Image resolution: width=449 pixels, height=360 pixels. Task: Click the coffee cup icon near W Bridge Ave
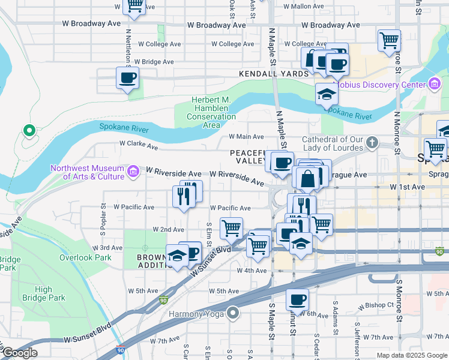coord(127,77)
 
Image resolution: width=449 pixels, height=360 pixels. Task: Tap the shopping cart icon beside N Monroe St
coord(389,40)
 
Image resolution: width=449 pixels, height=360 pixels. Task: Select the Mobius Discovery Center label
coord(379,85)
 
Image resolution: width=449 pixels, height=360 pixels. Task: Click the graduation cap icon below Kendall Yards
coord(326,94)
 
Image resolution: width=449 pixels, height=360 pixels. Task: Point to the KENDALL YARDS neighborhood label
coord(273,74)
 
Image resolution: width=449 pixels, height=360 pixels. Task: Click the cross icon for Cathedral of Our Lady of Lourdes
coord(372,142)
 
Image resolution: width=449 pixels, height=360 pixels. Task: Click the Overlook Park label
coord(85,257)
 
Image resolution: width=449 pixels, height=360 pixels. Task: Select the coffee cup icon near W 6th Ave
coord(297,299)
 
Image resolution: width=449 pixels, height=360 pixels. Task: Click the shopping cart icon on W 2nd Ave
coord(231,228)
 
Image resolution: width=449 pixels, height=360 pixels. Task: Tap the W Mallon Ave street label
coord(304,6)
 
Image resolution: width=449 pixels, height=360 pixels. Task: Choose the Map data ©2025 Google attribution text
coord(412,355)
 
